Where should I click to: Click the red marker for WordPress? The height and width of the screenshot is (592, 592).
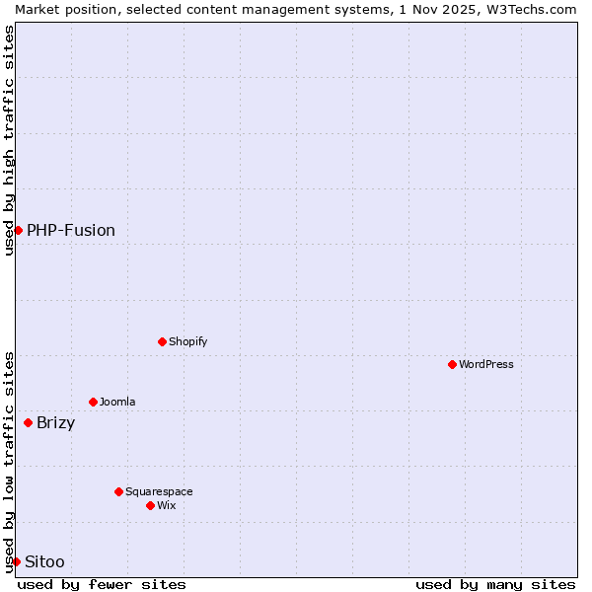pyautogui.click(x=452, y=364)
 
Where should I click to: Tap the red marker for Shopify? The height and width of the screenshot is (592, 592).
pyautogui.click(x=162, y=341)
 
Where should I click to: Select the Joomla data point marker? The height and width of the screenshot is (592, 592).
pyautogui.click(x=93, y=402)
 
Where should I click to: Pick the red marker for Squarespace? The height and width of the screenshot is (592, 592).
pyautogui.click(x=118, y=491)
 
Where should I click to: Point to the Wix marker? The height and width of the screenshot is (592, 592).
pyautogui.click(x=150, y=505)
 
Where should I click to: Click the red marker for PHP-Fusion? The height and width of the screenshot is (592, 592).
pyautogui.click(x=18, y=230)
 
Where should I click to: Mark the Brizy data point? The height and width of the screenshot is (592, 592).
pyautogui.click(x=28, y=422)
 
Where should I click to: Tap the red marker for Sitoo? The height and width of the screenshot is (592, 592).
pyautogui.click(x=16, y=561)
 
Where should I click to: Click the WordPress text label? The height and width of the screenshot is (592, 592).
pyautogui.click(x=486, y=364)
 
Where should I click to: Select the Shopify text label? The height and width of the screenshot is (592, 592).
pyautogui.click(x=188, y=341)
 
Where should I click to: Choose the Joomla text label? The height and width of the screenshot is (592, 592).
pyautogui.click(x=117, y=402)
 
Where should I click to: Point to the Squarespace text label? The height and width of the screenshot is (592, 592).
pyautogui.click(x=159, y=491)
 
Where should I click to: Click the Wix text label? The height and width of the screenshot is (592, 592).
pyautogui.click(x=167, y=505)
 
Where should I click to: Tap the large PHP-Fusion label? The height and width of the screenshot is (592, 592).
pyautogui.click(x=71, y=230)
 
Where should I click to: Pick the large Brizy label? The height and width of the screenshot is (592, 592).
pyautogui.click(x=55, y=423)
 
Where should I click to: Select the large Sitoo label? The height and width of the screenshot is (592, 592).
pyautogui.click(x=44, y=561)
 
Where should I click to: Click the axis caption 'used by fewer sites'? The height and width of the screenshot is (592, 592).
pyautogui.click(x=102, y=584)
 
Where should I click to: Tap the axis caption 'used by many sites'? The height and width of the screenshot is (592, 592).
pyautogui.click(x=495, y=584)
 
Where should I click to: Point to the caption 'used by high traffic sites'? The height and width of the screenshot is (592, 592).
pyautogui.click(x=9, y=140)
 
